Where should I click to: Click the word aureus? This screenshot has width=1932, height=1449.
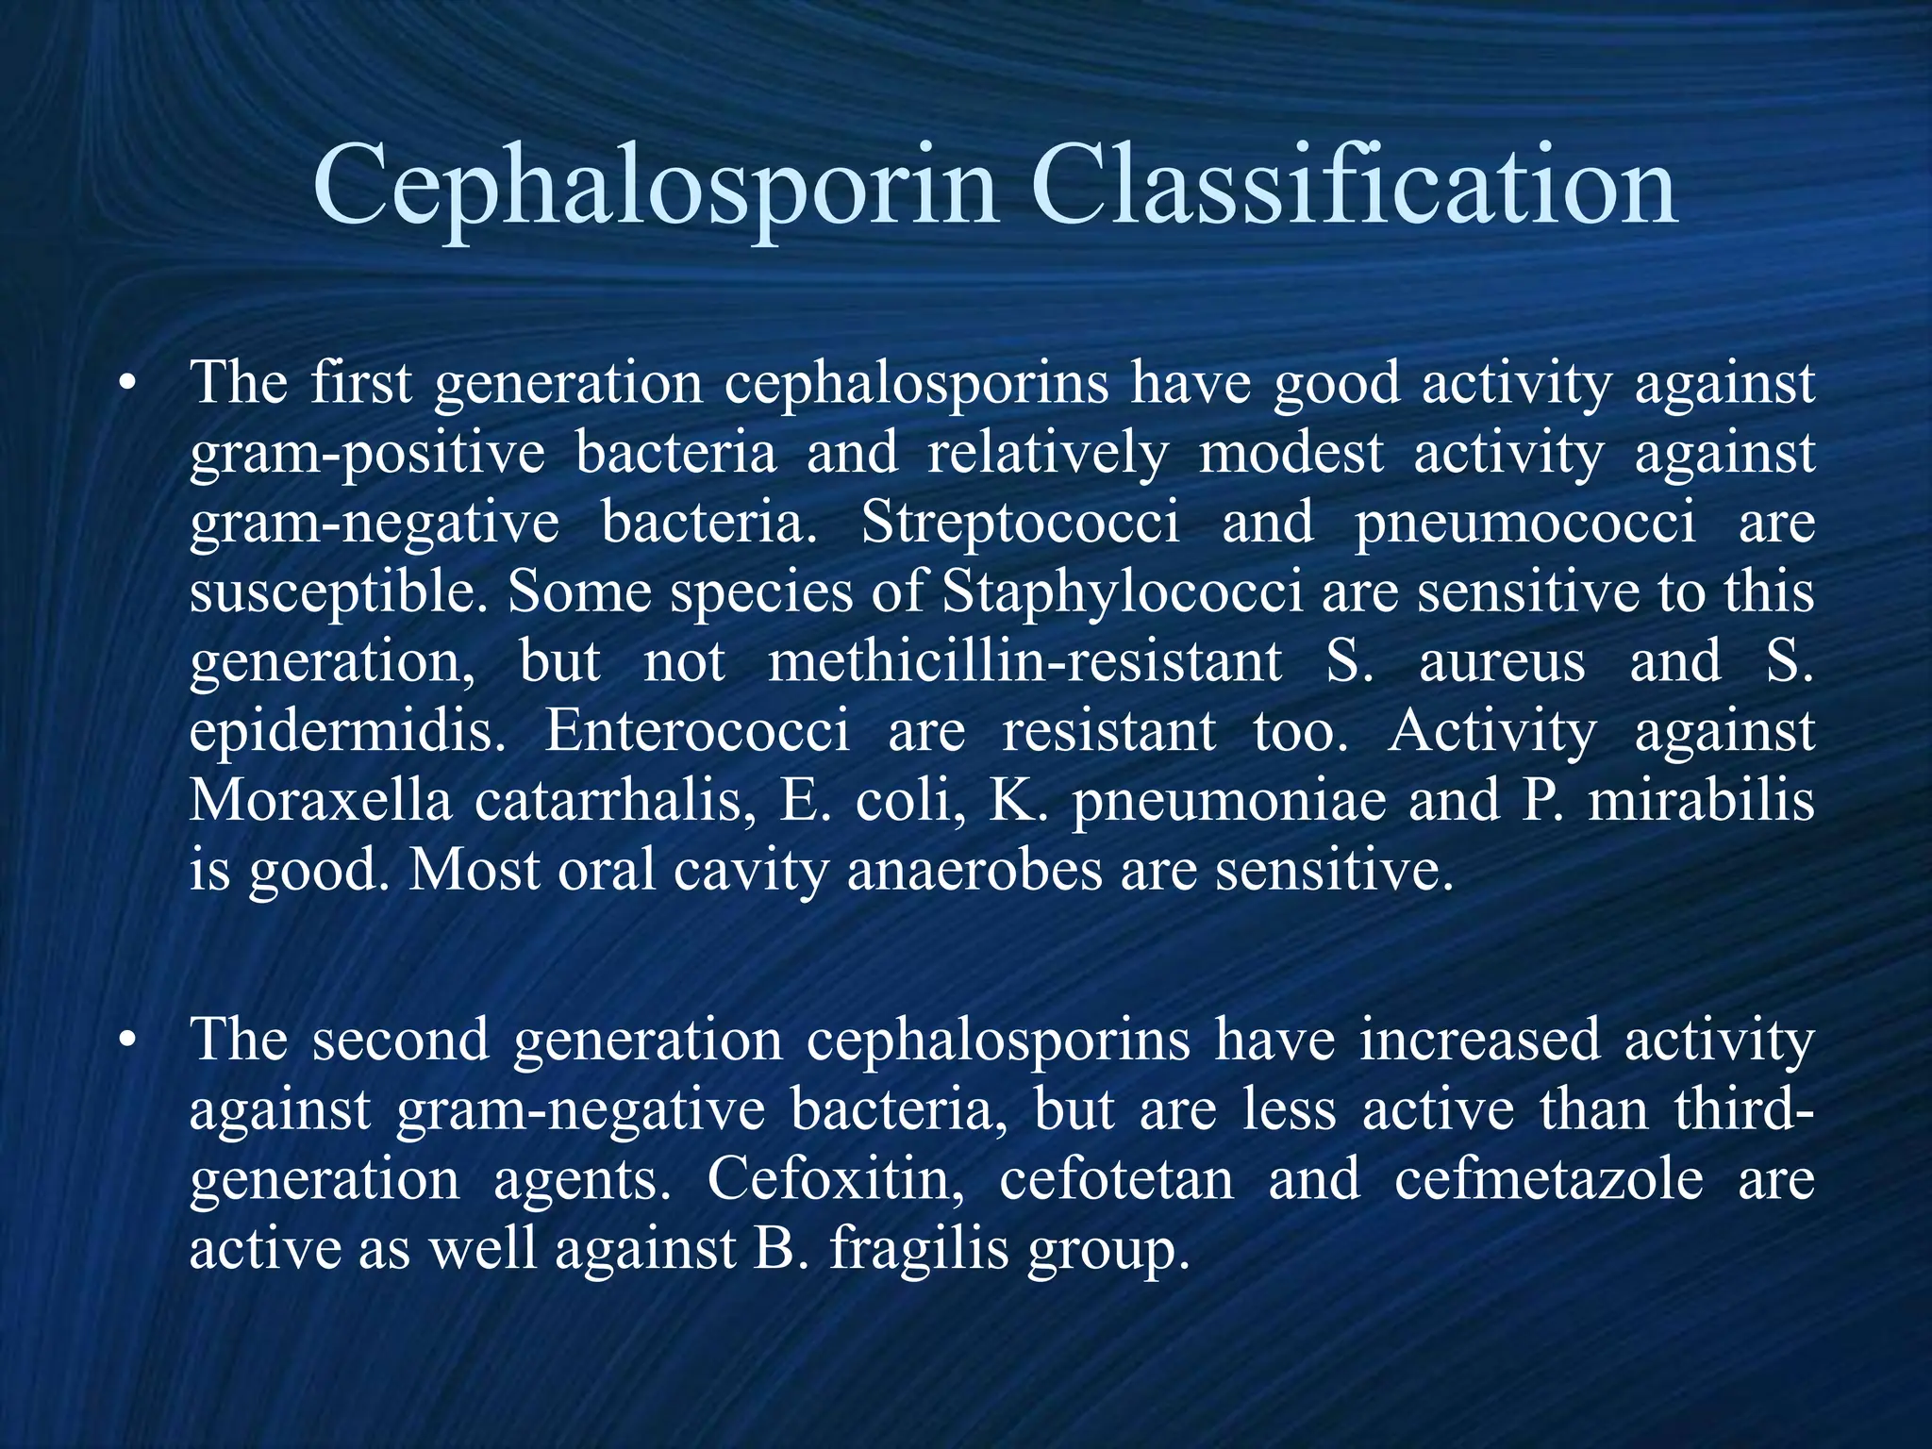pyautogui.click(x=1502, y=662)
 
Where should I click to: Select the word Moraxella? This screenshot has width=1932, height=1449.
pyautogui.click(x=321, y=800)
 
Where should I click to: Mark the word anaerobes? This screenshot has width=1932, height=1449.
pyautogui.click(x=974, y=870)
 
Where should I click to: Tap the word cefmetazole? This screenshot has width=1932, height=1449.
pyautogui.click(x=1549, y=1179)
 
